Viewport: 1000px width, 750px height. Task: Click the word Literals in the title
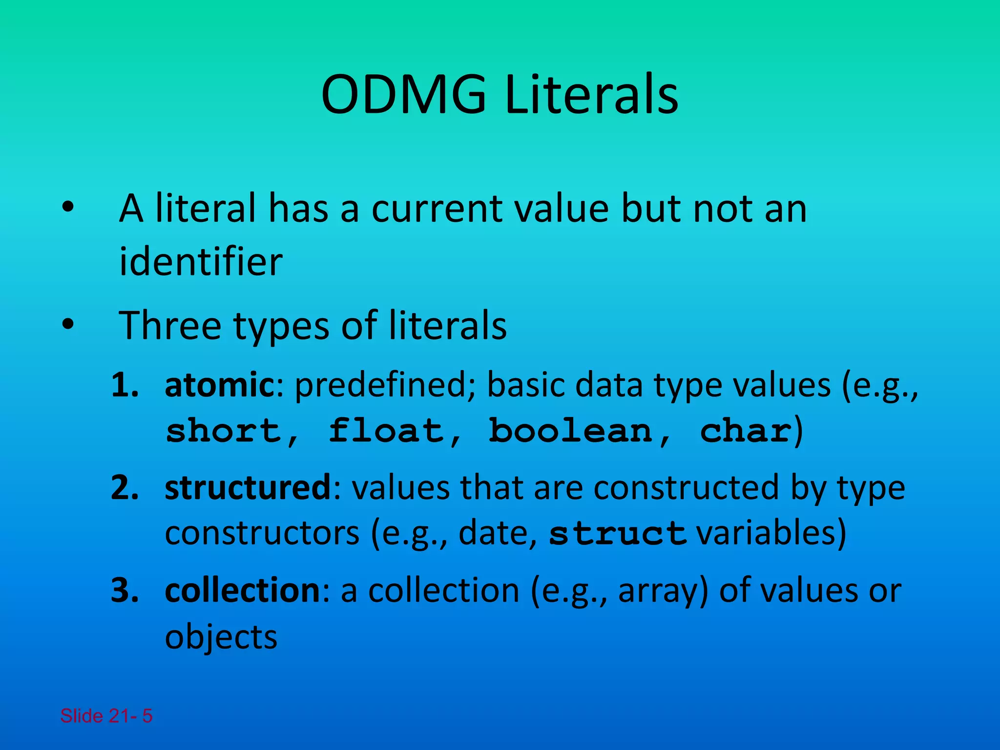point(591,95)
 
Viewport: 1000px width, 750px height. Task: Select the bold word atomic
point(220,385)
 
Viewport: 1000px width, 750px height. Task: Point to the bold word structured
point(248,487)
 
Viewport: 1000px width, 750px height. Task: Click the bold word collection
point(243,590)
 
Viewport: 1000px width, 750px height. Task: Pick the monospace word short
point(224,431)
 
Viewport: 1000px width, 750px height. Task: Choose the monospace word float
point(386,431)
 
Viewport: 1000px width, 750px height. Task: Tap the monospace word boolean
point(570,431)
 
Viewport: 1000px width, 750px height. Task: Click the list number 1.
point(125,385)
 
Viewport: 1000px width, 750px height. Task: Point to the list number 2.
point(125,488)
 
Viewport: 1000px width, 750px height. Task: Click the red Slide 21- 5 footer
point(106,716)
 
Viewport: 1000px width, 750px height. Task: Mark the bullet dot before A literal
point(68,207)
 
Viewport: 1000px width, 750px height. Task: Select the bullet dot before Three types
point(68,324)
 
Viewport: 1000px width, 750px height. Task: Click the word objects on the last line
point(221,637)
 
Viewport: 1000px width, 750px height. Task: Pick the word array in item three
point(663,591)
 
